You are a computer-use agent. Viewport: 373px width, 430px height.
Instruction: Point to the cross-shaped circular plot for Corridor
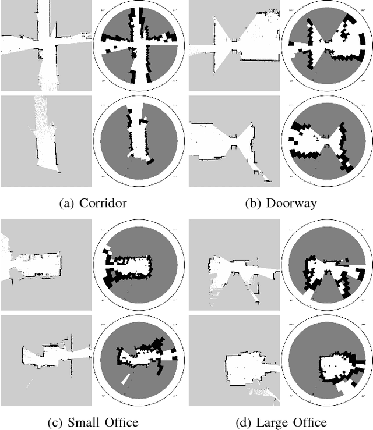[x=139, y=46]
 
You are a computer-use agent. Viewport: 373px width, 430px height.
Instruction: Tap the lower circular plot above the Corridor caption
[x=139, y=141]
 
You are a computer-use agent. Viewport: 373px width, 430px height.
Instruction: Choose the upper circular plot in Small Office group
[x=139, y=265]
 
